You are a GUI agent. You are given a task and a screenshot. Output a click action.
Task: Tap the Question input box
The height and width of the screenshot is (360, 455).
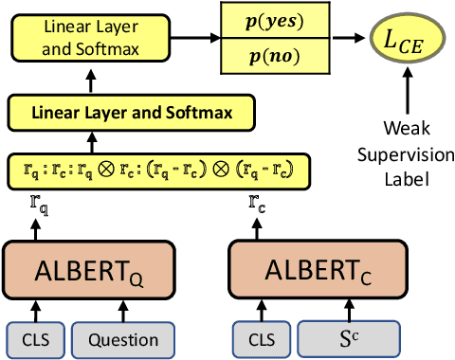point(123,339)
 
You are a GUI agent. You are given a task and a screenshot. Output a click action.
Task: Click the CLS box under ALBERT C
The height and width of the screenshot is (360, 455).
point(259,339)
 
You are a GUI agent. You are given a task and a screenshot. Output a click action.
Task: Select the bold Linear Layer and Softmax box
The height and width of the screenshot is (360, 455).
point(135,114)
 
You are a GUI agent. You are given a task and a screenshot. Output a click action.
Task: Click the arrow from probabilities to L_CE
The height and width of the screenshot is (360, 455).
point(353,37)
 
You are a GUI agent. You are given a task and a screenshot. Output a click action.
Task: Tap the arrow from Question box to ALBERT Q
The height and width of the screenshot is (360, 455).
point(123,310)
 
